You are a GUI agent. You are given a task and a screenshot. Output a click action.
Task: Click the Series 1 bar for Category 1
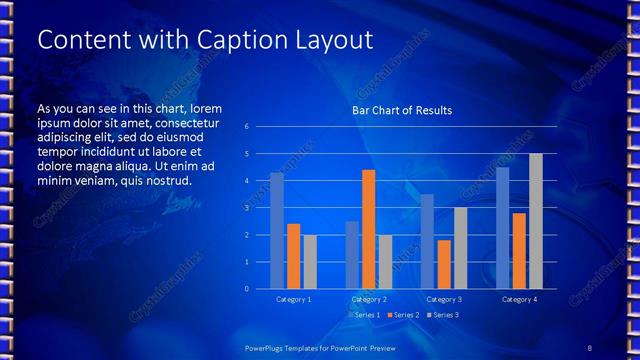tap(277, 231)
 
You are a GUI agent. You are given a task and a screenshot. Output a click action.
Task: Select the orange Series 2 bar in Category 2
tap(368, 229)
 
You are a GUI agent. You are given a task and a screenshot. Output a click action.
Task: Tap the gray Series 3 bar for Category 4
tap(536, 221)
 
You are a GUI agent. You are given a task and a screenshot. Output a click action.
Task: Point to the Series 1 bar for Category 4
tap(503, 228)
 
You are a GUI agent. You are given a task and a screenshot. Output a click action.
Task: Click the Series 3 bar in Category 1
tap(310, 262)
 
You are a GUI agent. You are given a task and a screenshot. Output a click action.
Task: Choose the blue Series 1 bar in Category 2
tap(352, 255)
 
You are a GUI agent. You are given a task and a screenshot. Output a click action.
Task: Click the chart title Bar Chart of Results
tap(401, 110)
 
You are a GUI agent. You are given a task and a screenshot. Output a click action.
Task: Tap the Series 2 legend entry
tap(401, 315)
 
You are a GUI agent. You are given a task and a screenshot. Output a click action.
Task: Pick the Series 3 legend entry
tap(442, 315)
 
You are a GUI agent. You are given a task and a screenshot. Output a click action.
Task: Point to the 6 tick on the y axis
tap(247, 127)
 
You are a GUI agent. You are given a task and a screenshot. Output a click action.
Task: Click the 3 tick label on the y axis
tap(247, 208)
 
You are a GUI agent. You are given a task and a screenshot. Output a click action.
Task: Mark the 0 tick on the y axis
tap(247, 289)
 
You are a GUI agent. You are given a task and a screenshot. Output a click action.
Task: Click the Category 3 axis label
tap(444, 299)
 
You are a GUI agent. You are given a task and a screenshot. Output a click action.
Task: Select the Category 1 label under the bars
tap(294, 299)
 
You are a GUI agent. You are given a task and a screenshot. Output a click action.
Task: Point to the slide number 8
tap(590, 347)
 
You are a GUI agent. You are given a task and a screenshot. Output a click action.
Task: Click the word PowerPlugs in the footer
tap(267, 347)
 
